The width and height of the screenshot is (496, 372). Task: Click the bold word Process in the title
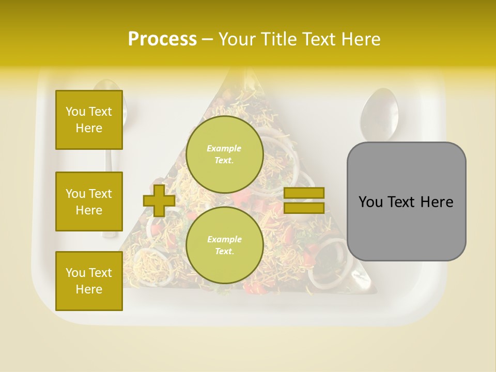coord(162,39)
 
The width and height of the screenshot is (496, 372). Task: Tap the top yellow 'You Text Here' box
coord(89,120)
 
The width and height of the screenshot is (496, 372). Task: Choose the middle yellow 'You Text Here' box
coord(89,202)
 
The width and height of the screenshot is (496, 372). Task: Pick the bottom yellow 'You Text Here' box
coord(89,281)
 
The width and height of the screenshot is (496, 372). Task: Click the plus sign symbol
coord(159,201)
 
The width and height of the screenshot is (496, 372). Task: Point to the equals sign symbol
coord(304,200)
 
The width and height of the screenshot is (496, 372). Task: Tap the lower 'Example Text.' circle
coord(224,245)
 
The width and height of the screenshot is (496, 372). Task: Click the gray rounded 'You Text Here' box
coord(406,202)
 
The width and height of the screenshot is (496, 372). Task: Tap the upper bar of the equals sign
coord(304,193)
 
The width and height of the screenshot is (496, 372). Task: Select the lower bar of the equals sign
coord(304,208)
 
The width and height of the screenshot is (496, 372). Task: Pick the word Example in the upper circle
coord(224,148)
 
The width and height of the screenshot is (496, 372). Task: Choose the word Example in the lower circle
coord(224,239)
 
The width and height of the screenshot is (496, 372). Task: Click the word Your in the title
coord(237,39)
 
